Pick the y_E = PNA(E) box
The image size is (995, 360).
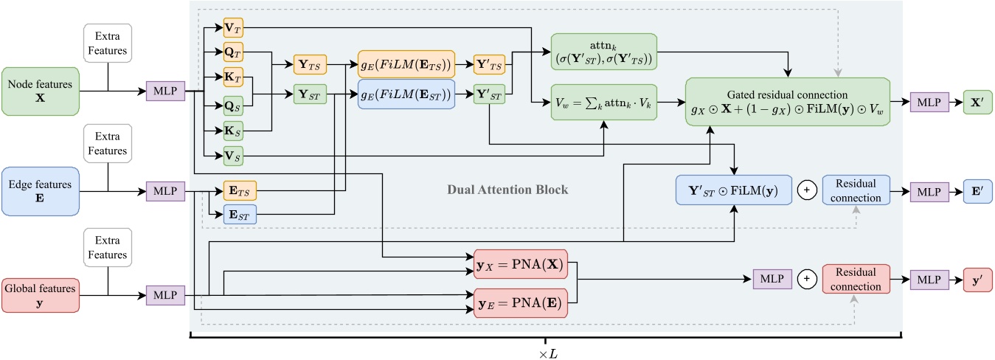[520, 303]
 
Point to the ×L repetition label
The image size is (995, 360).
[545, 353]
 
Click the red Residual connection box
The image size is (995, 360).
[856, 281]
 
